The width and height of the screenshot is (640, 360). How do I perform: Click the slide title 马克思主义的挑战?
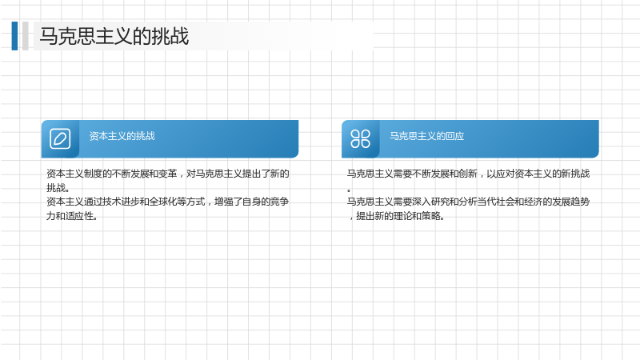point(114,36)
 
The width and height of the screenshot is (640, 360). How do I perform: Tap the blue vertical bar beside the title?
point(14,36)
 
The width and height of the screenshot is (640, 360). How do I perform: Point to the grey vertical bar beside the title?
point(26,36)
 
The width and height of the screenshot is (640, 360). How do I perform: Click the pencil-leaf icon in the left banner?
point(60,138)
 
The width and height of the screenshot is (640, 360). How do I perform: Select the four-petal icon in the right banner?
point(361,138)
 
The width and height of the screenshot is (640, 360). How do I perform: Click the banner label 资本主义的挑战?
point(122,136)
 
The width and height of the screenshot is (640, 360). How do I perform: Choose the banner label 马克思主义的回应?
point(427,136)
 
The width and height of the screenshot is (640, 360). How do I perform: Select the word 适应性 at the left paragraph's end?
point(78,216)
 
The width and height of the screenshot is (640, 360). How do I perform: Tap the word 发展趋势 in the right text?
point(571,202)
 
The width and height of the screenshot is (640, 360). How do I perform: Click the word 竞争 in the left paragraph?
point(279,202)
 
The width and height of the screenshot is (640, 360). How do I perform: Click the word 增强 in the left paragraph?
point(224,202)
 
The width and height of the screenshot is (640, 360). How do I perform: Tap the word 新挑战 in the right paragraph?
point(575,174)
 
